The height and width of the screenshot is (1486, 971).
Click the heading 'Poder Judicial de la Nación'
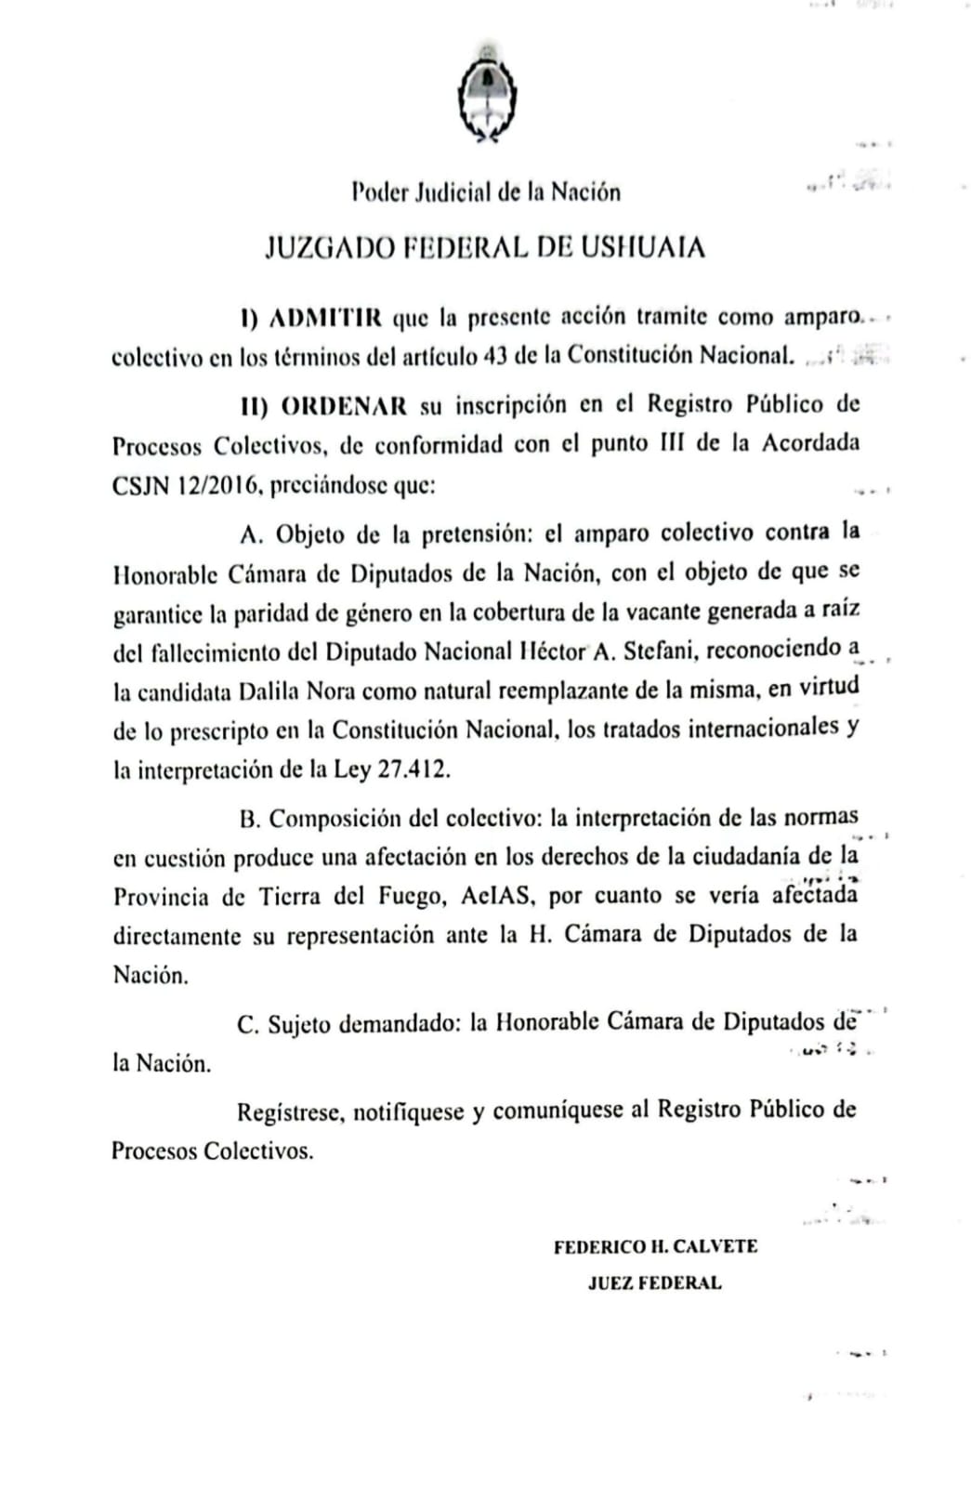tap(486, 192)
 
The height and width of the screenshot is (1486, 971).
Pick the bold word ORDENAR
tap(344, 405)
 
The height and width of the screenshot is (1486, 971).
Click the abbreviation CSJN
tap(138, 486)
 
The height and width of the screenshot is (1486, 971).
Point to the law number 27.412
tap(413, 770)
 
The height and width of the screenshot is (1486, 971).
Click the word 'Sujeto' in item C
tap(299, 1023)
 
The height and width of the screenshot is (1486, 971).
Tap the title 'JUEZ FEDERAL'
tap(654, 1283)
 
